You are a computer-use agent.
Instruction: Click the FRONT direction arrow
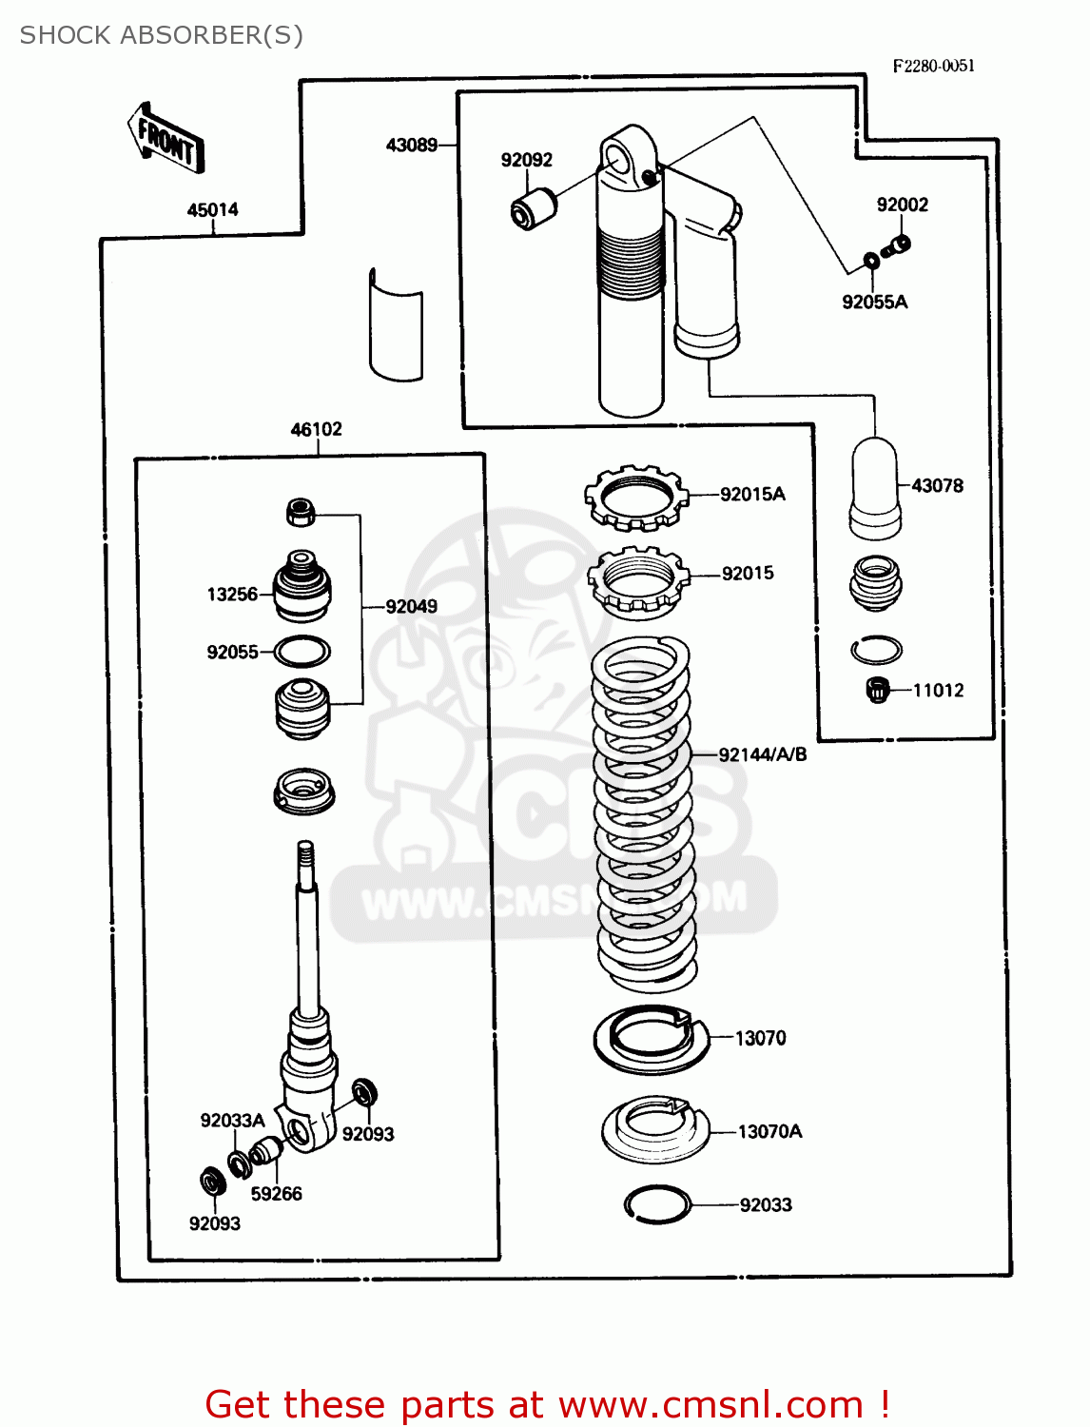(165, 139)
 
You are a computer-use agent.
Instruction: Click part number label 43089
(411, 146)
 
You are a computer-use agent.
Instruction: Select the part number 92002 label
(902, 205)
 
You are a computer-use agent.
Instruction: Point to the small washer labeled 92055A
(870, 261)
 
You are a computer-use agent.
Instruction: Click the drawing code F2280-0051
(933, 66)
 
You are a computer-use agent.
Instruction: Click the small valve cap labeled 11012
(877, 689)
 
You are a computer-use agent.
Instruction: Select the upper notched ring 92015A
(635, 498)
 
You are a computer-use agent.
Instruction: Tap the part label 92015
(748, 574)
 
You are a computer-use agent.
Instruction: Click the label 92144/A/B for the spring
(762, 754)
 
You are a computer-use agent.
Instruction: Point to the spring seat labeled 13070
(652, 1038)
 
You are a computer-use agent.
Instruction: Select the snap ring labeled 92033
(657, 1204)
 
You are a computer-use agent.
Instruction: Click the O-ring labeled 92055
(302, 652)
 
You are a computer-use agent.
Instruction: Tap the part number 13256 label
(232, 595)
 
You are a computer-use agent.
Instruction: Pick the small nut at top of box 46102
(300, 512)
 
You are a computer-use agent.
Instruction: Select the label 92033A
(232, 1121)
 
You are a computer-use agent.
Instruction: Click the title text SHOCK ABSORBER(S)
(162, 35)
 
